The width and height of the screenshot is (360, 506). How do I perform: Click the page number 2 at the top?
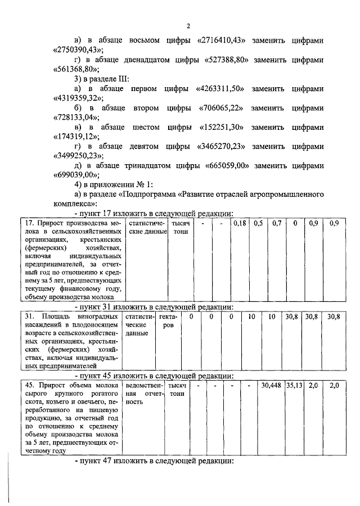coord(188,25)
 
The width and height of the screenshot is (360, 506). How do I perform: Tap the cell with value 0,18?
coord(240,224)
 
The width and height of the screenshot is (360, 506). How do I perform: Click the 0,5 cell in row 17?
coord(259,224)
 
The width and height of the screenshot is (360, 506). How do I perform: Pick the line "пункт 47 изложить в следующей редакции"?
coord(153,461)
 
